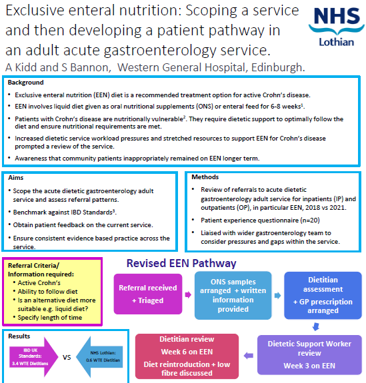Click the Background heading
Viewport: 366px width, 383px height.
coord(26,83)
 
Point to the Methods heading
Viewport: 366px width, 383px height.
coord(205,177)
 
